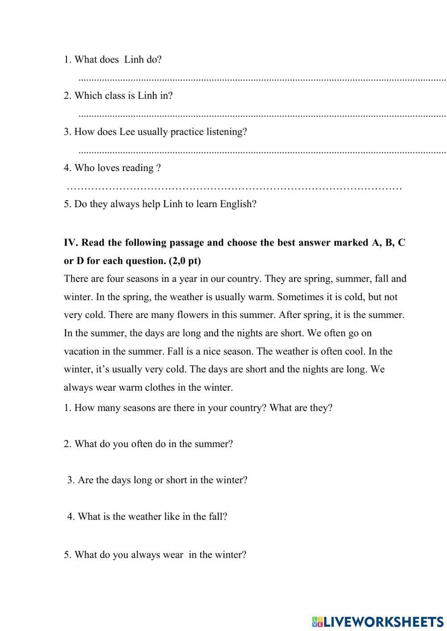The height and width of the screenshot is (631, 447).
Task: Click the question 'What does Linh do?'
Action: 113,59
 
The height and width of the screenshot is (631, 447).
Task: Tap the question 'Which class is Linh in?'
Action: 118,96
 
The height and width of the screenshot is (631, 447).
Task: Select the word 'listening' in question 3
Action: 226,132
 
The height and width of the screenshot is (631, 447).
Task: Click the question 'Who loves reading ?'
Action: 112,168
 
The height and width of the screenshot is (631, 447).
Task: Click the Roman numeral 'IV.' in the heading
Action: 71,242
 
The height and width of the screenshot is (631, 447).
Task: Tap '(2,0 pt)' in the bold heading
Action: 185,261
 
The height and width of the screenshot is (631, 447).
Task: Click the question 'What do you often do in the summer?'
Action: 148,444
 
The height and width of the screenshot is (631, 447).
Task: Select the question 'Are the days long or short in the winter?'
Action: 157,480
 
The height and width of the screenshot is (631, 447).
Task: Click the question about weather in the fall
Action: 148,517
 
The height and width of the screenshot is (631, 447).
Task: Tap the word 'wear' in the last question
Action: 173,555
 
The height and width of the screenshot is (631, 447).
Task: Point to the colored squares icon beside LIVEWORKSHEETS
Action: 317,621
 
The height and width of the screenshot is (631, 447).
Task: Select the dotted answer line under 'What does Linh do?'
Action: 262,79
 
